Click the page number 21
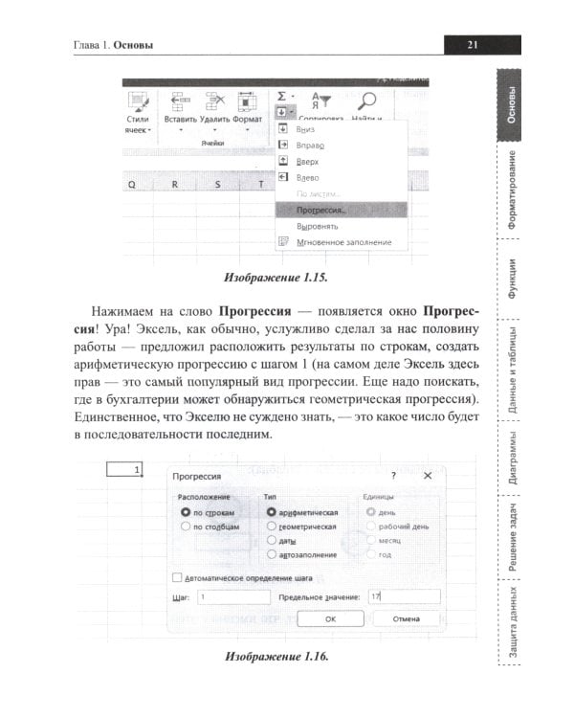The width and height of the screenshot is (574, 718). coord(472,43)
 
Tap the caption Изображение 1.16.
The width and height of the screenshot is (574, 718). coord(276,657)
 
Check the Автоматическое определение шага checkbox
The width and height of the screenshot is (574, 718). coord(176,577)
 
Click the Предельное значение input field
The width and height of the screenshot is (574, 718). coord(403,596)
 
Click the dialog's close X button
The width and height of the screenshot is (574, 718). coord(427,475)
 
